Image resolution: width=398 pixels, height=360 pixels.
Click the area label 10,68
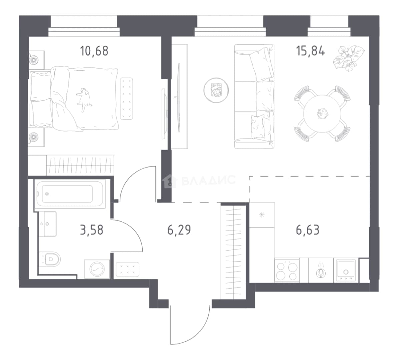pos(94,51)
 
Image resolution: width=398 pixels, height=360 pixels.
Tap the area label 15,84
pos(310,51)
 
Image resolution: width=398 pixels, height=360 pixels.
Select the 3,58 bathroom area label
pos(91,230)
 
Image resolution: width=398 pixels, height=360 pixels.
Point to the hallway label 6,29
pos(179,230)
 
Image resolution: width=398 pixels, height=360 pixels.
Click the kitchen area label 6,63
pos(308,230)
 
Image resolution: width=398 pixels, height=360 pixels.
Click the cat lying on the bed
pos(84,99)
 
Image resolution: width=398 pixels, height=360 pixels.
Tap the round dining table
pos(322,114)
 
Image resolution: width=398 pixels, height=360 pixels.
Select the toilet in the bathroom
pos(50,259)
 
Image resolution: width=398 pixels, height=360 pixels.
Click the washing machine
pos(97,269)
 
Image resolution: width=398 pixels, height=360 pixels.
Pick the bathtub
pos(70,194)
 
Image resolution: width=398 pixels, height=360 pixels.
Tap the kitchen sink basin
pos(346,270)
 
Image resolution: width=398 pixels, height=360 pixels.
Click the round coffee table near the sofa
pos(216,90)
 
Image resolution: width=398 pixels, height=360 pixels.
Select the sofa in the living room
pos(254,96)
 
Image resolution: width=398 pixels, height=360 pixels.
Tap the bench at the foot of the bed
pos(126,99)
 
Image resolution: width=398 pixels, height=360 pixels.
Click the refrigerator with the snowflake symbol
pos(262,215)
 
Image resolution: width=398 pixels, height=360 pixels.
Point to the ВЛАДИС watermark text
pos(209,180)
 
